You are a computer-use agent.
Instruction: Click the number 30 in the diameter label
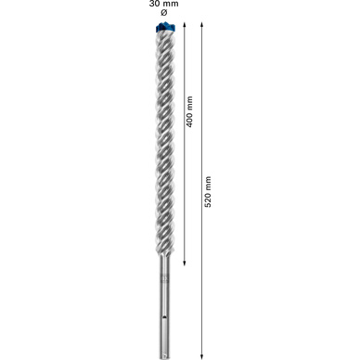click(155, 4)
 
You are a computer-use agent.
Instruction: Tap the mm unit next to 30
click(171, 4)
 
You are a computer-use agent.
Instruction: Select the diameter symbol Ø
click(164, 13)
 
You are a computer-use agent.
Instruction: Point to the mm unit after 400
click(189, 102)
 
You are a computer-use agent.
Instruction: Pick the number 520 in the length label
click(208, 199)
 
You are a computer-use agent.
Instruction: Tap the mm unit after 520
click(208, 183)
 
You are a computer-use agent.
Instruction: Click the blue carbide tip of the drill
click(165, 27)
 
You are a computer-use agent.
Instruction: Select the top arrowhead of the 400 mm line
click(184, 24)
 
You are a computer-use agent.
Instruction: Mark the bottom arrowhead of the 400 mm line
click(184, 263)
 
